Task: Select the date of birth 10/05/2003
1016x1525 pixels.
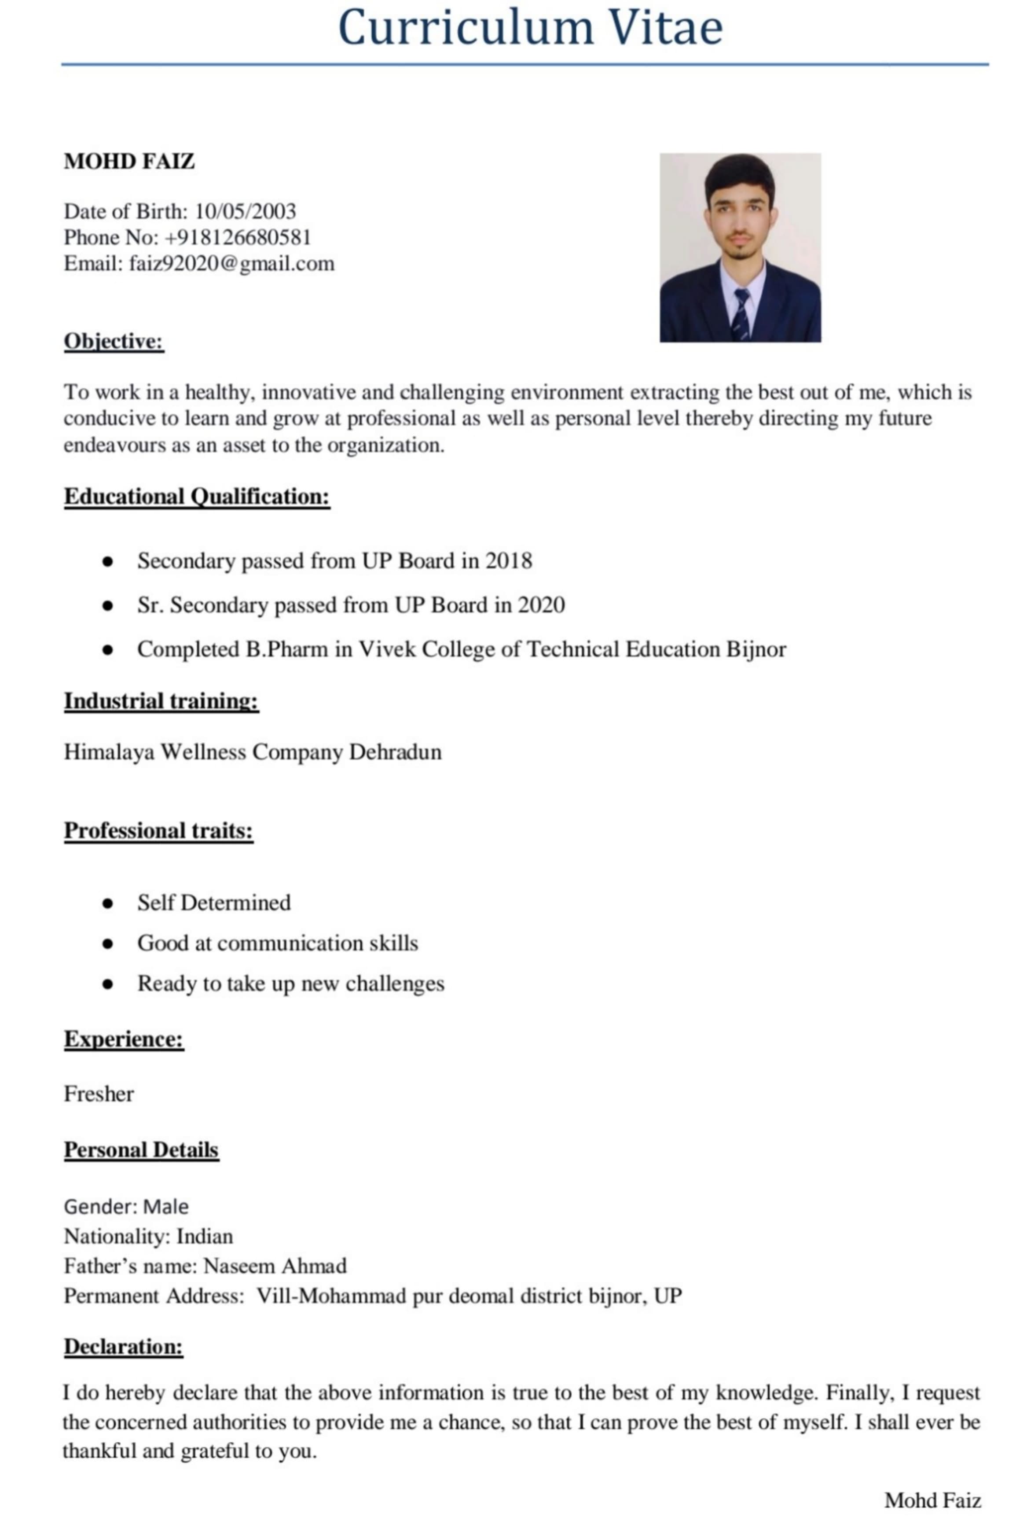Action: coord(245,211)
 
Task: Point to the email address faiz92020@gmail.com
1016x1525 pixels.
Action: coord(231,264)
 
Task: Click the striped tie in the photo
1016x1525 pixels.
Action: coord(741,314)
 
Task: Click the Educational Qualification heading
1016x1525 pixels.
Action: coord(197,497)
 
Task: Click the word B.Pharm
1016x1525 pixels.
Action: coord(286,649)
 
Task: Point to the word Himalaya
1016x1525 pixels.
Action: coord(110,752)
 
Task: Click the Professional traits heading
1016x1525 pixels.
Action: coord(159,830)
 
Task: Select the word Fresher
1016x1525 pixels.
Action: coord(99,1094)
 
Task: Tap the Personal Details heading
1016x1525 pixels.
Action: coord(141,1150)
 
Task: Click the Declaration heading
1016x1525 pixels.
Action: coord(123,1347)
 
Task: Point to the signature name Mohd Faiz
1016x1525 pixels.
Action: coord(932,1500)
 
